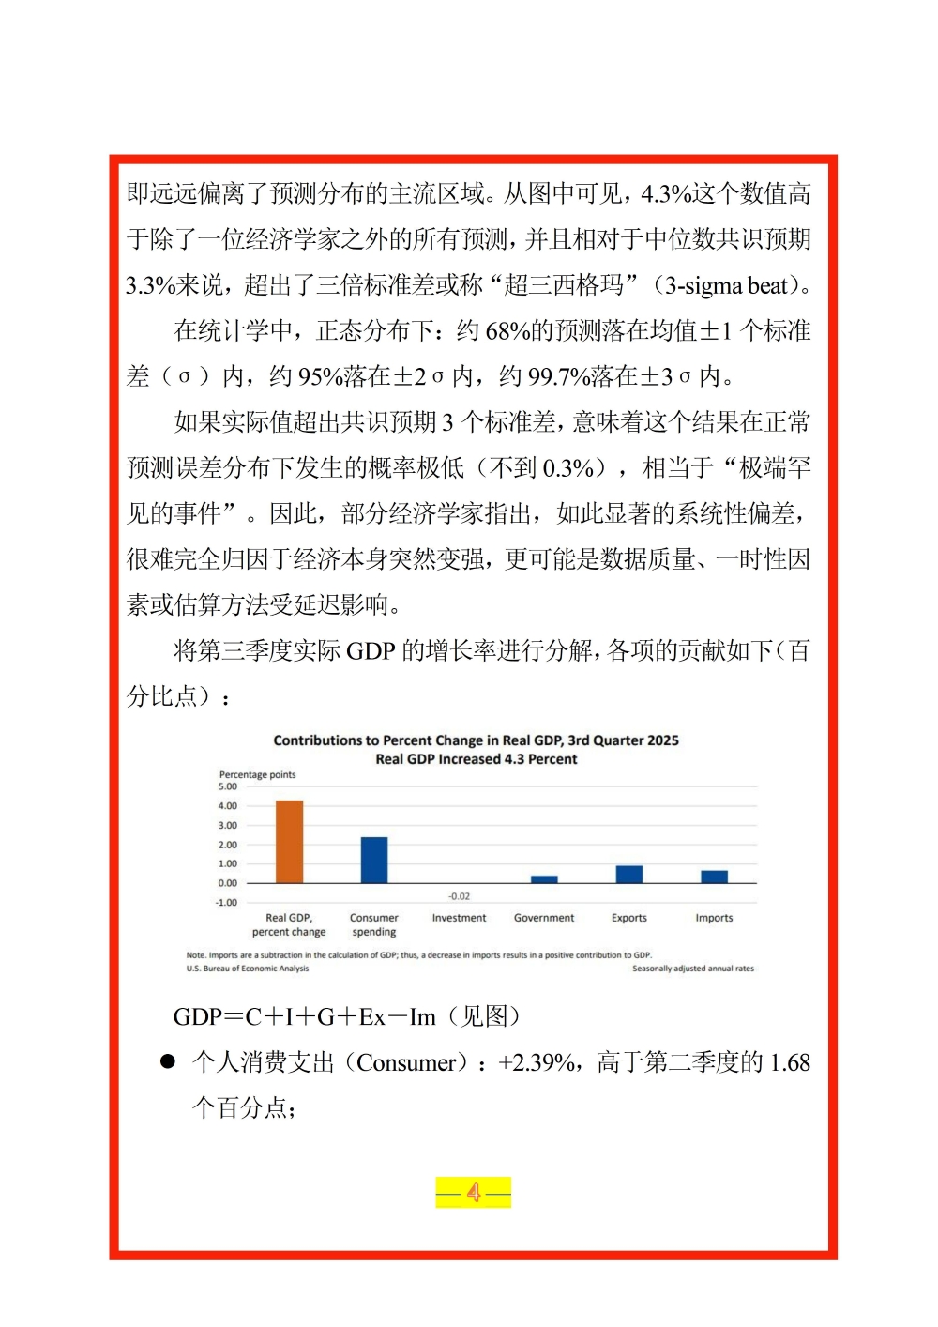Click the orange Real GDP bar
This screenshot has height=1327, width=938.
point(289,842)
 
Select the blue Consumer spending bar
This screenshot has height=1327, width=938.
point(374,860)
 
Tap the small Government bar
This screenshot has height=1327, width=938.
point(544,879)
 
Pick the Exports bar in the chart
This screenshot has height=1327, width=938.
point(629,874)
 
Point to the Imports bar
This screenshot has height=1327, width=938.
point(714,877)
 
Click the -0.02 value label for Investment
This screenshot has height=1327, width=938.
point(459,896)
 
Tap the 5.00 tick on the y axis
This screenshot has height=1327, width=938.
point(228,786)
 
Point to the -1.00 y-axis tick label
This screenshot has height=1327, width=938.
point(227,903)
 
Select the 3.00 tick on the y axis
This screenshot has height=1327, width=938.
point(228,826)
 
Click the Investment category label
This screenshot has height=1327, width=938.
point(459,918)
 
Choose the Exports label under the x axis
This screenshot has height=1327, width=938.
point(629,918)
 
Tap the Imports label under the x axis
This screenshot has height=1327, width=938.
point(714,918)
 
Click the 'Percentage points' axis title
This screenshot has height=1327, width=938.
point(257,775)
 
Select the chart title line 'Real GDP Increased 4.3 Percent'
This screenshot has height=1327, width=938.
point(477,759)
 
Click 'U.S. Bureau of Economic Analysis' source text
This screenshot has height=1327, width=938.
point(248,969)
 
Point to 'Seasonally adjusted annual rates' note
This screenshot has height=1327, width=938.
point(693,969)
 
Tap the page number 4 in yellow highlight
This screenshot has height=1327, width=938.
point(474,1193)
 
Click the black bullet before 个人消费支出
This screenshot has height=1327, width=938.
point(168,1061)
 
